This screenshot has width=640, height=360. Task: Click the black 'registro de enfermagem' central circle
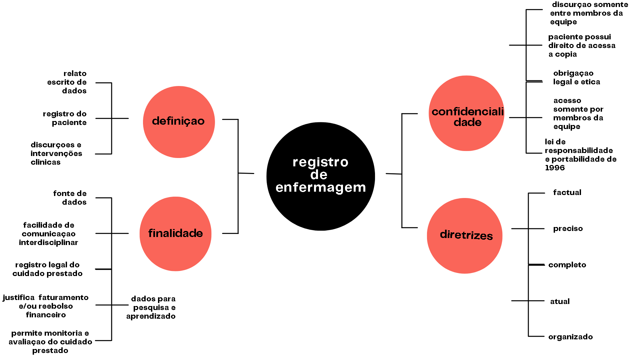coord(320,176)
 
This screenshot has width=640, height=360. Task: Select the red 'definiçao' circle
coord(179,122)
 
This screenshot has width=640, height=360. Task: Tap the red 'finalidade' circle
coord(175,234)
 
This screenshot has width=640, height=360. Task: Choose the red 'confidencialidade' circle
coord(466,113)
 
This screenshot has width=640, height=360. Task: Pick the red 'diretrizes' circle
coord(465,236)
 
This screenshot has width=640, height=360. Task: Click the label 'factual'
coord(567,192)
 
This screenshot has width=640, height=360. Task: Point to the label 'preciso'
coord(568,229)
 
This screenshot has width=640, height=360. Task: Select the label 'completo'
coord(567,265)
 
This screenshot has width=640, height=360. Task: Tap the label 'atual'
coord(560,301)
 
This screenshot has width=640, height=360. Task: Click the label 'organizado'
coord(570,337)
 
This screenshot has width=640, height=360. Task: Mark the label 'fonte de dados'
coord(70,198)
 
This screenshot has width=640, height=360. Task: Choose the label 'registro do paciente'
coord(65,118)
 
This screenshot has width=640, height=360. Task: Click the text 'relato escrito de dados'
coord(67,82)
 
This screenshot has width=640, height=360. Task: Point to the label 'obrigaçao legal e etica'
coord(576,77)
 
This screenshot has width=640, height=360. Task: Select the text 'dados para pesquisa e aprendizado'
coord(151,307)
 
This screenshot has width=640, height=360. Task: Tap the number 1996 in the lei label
coord(555,168)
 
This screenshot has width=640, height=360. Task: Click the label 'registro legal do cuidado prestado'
coord(47,269)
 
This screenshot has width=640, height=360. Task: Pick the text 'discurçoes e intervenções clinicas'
coord(56,153)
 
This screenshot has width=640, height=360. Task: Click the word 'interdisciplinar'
coord(48,242)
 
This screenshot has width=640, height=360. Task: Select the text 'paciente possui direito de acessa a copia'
coord(582,45)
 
